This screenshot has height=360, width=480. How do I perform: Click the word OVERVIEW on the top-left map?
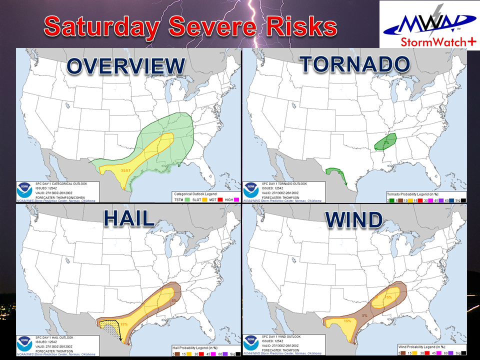125,67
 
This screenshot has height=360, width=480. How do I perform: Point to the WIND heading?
355,220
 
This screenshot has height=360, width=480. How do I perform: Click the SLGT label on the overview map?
126,170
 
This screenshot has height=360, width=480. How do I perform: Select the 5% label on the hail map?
173,301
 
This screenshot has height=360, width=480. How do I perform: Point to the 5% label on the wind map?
364,315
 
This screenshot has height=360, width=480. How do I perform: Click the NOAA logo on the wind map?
251,343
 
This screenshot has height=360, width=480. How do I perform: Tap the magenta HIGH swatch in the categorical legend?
237,199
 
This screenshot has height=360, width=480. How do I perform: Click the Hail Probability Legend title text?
192,346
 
